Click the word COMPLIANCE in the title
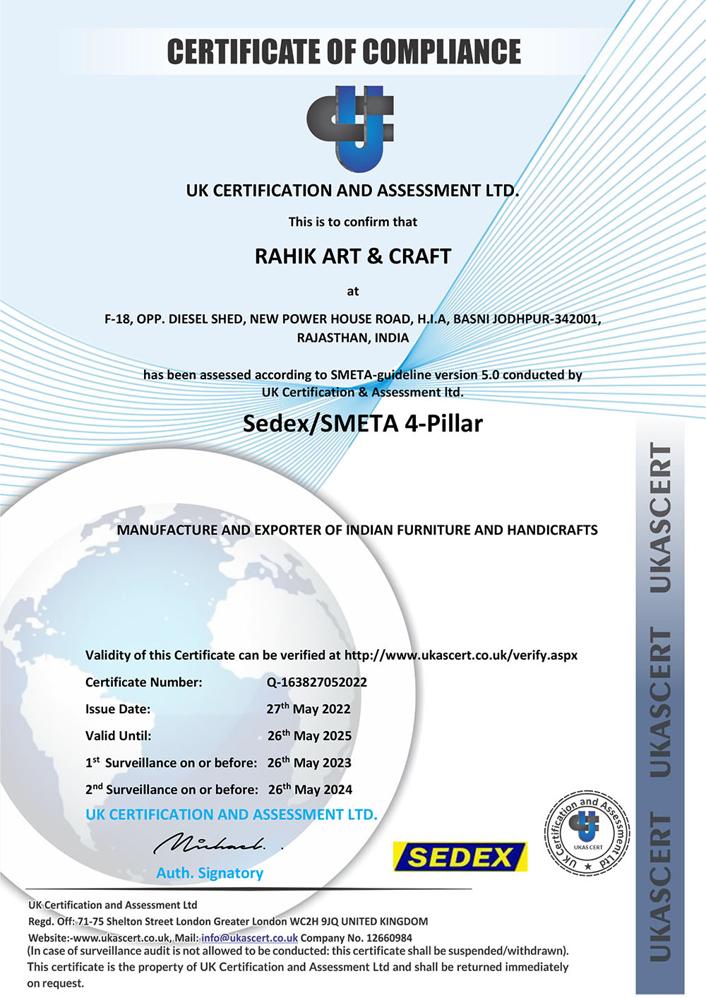pos(442,52)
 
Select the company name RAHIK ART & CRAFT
pos(352,256)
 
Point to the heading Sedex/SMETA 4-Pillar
pos(362,424)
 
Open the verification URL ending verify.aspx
pos(460,655)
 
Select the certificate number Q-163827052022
pos(316,682)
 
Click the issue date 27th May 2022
pos(308,709)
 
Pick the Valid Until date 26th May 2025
pos(309,736)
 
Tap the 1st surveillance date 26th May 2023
pos(309,763)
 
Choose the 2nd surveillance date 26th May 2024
pos(310,790)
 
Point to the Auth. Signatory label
pos(210,874)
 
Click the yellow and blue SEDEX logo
pos(460,857)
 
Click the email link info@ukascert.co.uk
pos(249,939)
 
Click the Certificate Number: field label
pos(143,682)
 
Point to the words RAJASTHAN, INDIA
pos(352,338)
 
